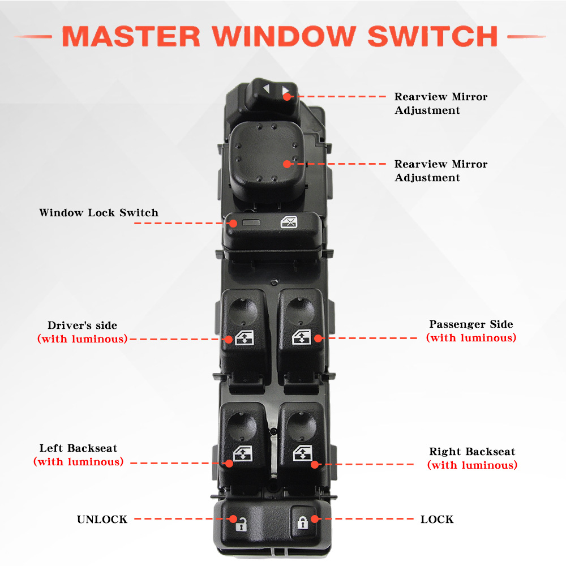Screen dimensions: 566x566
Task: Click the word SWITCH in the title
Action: (x=432, y=36)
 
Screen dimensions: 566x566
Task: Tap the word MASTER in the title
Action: (x=131, y=36)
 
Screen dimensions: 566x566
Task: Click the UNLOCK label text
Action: (x=102, y=519)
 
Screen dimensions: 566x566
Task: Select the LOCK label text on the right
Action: (x=437, y=519)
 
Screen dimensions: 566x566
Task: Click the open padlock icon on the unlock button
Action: (x=242, y=524)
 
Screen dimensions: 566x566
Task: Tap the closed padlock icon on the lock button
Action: (x=302, y=522)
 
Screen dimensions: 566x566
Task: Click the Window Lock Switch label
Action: (x=98, y=213)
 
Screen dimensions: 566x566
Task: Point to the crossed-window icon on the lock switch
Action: (x=289, y=222)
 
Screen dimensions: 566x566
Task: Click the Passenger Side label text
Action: (x=471, y=324)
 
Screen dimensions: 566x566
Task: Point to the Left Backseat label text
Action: (x=78, y=448)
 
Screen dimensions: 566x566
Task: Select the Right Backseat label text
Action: (x=472, y=452)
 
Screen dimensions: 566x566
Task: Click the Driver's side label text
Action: (x=82, y=325)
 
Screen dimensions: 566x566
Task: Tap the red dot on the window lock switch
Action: (x=233, y=224)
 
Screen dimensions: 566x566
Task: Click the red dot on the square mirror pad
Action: (x=287, y=164)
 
